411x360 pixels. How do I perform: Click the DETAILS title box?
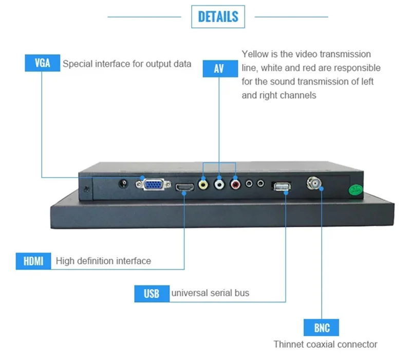[x=218, y=16]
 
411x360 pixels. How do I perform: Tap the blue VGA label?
[x=42, y=64]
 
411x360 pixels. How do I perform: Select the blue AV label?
[x=219, y=68]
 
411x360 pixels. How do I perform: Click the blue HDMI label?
[x=33, y=261]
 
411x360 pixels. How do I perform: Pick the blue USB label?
[x=151, y=293]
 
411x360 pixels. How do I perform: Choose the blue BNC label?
[x=322, y=328]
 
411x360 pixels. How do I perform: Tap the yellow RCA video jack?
[x=204, y=184]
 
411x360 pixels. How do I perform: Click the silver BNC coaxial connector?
[x=314, y=183]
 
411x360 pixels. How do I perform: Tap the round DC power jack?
[x=123, y=184]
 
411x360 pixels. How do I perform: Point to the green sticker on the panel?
[x=354, y=190]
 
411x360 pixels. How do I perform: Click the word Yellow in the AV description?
[x=255, y=54]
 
